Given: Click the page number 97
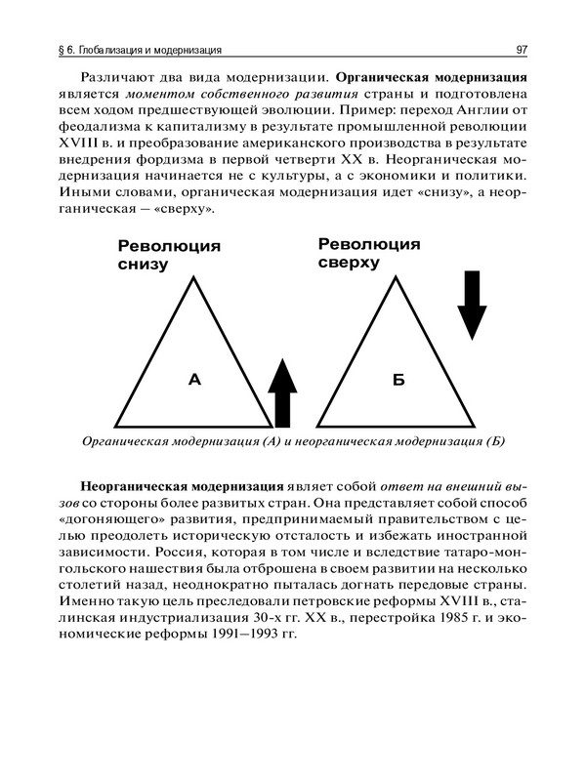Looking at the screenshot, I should point(523,49).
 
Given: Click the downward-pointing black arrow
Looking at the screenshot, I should point(472,302).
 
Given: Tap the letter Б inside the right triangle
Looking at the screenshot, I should point(398,379).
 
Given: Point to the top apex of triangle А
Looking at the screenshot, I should point(193,276).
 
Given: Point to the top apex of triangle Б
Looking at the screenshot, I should point(398,276).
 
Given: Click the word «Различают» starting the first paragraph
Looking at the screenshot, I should point(117,76).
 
